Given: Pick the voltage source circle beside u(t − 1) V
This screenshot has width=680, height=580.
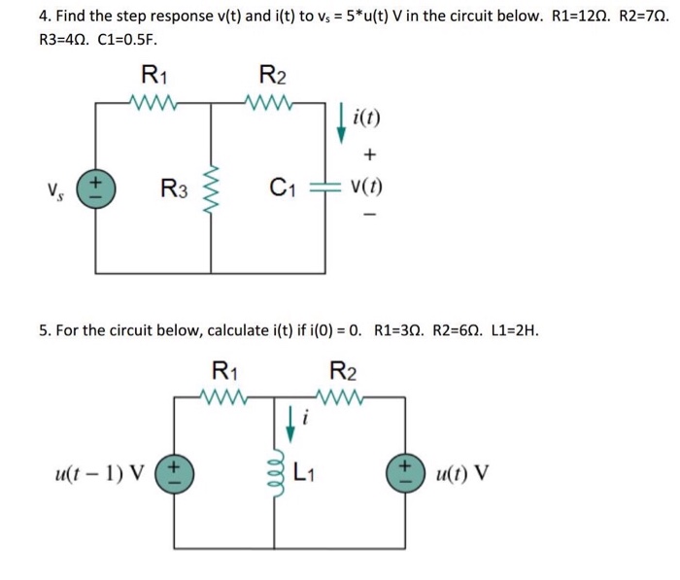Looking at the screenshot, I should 176,474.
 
